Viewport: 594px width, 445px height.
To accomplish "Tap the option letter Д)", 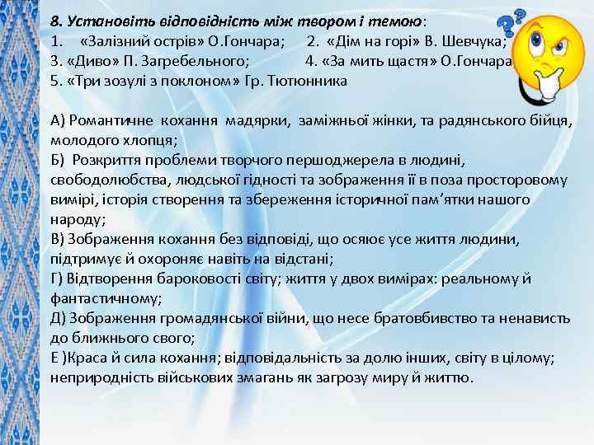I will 59,318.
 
